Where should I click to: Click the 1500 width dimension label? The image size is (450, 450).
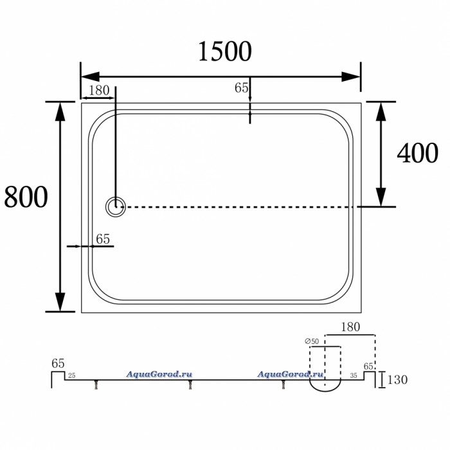[x=225, y=51]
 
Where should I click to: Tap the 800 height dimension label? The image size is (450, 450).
[x=26, y=197]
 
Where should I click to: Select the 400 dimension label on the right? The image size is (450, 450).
[x=418, y=153]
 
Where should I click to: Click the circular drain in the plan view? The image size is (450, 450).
[x=116, y=206]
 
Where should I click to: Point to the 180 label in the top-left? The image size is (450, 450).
[x=99, y=91]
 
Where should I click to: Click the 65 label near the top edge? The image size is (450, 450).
[x=241, y=88]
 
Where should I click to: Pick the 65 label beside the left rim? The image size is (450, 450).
[x=103, y=239]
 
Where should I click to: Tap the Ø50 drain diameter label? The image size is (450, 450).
[x=312, y=341]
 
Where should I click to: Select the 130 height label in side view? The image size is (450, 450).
[x=397, y=380]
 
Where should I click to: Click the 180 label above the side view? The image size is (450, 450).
[x=350, y=327]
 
